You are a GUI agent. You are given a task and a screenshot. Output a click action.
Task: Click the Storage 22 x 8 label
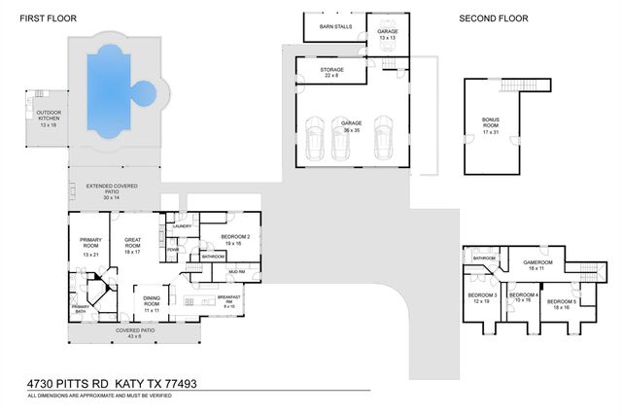[331, 72]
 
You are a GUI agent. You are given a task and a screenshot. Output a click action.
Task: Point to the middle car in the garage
[341, 140]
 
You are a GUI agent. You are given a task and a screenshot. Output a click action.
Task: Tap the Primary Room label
[91, 245]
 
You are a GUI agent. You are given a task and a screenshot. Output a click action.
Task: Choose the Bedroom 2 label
[236, 238]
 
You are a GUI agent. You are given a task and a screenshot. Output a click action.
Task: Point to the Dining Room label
[153, 303]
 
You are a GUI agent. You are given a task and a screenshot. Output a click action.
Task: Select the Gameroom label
[537, 264]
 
